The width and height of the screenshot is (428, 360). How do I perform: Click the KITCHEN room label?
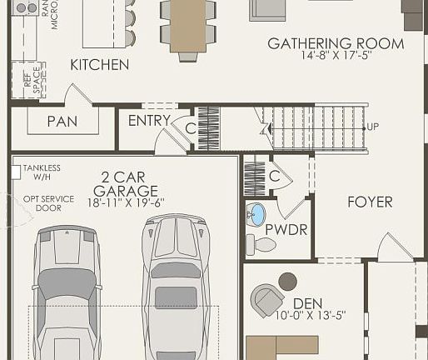pyautogui.click(x=99, y=64)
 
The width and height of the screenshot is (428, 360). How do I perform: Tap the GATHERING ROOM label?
pyautogui.click(x=336, y=44)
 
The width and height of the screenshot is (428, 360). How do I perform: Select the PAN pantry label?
pyautogui.click(x=62, y=122)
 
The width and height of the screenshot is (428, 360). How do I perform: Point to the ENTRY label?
pyautogui.click(x=149, y=121)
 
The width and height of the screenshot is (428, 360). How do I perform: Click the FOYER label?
pyautogui.click(x=370, y=202)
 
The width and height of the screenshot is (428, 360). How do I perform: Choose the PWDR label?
pyautogui.click(x=281, y=227)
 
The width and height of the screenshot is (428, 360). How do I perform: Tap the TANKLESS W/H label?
pyautogui.click(x=42, y=172)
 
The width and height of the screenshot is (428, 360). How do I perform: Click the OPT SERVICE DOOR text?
pyautogui.click(x=42, y=203)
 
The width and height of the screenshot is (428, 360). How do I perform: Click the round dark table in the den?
pyautogui.click(x=287, y=281)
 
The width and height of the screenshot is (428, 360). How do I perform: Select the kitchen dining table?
pyautogui.click(x=188, y=26)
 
